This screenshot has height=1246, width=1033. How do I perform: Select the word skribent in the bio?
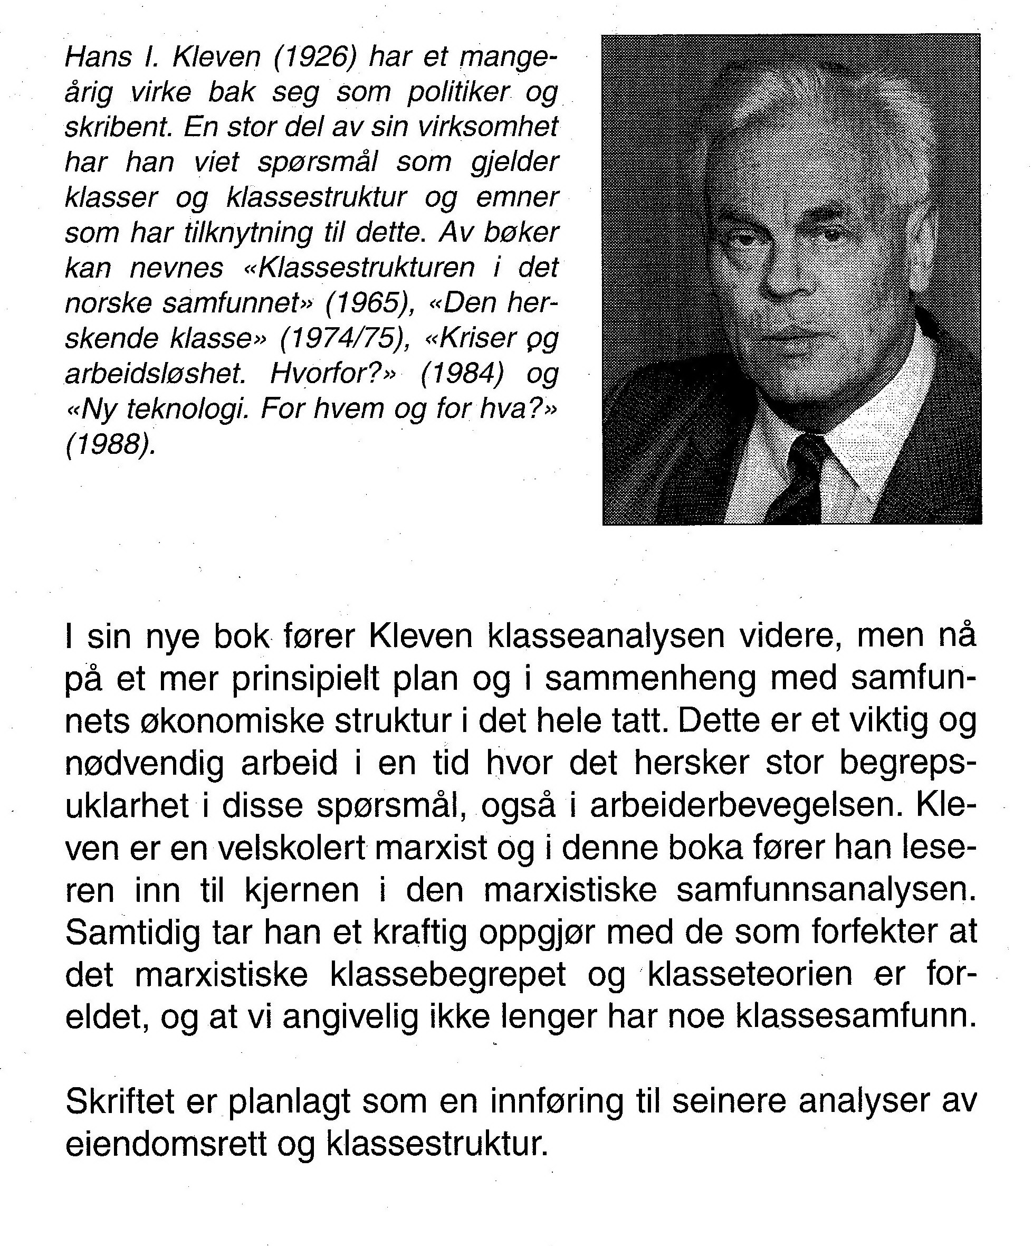(x=119, y=127)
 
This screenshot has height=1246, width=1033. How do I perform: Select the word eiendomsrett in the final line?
(x=166, y=1145)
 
